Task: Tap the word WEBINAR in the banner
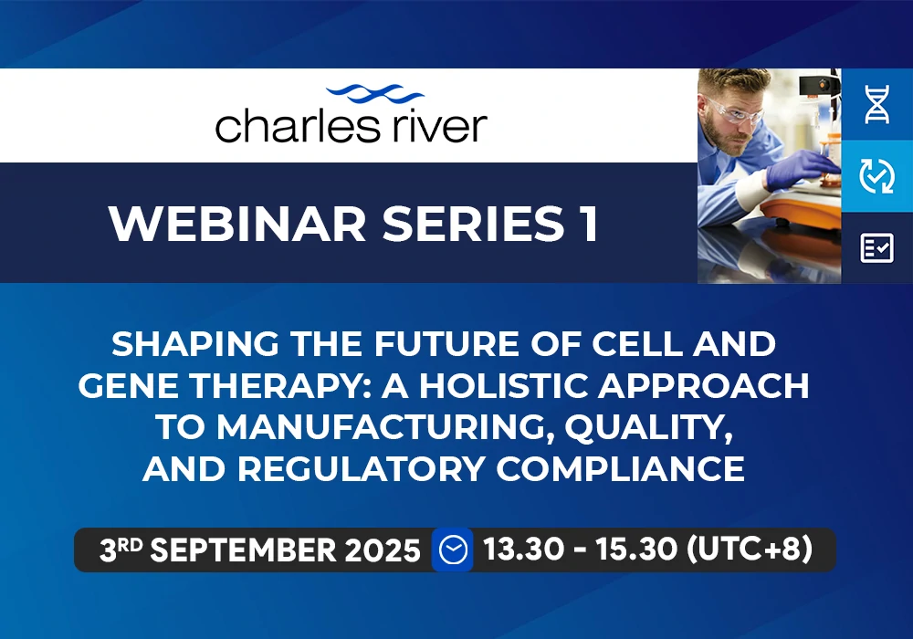pyautogui.click(x=237, y=224)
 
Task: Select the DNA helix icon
pyautogui.click(x=876, y=104)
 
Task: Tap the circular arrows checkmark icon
pyautogui.click(x=876, y=176)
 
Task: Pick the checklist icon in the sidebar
pyautogui.click(x=876, y=248)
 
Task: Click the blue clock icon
pyautogui.click(x=453, y=550)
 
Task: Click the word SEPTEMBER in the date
pyautogui.click(x=244, y=550)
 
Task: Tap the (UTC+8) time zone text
pyautogui.click(x=750, y=549)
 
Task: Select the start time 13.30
pyautogui.click(x=523, y=549)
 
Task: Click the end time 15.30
pyautogui.click(x=636, y=549)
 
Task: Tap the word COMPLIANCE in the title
pyautogui.click(x=621, y=469)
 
